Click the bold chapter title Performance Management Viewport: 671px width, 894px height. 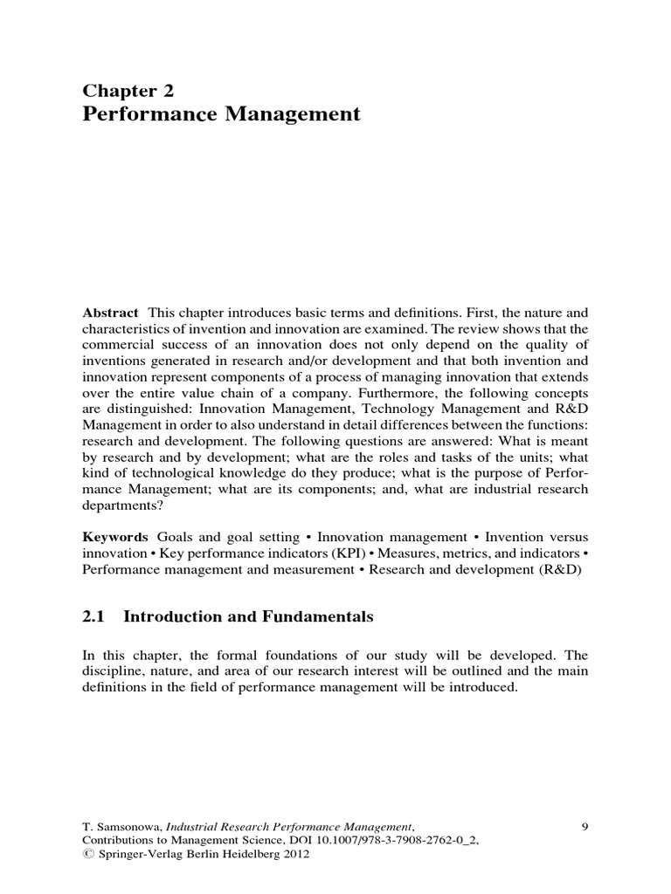pyautogui.click(x=221, y=113)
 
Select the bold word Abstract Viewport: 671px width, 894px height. pyautogui.click(x=111, y=313)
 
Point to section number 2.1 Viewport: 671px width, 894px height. pyautogui.click(x=93, y=616)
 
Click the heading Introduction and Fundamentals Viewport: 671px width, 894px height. pyautogui.click(x=248, y=616)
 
